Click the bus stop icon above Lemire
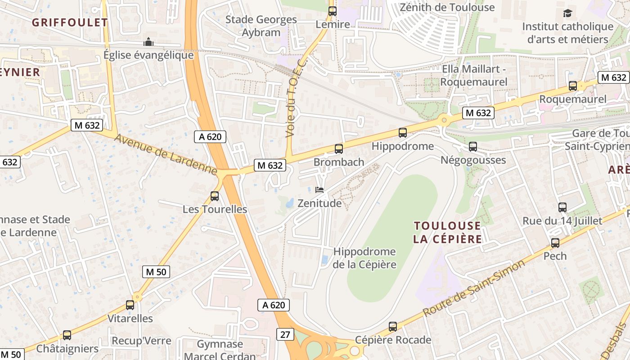point(333,12)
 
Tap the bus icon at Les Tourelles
point(215,196)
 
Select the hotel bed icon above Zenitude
point(319,190)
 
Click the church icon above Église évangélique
point(148,42)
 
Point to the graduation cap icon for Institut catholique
point(567,13)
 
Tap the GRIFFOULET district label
point(70,22)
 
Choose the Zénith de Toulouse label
point(447,8)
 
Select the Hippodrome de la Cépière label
point(364,258)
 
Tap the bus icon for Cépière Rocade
point(393,327)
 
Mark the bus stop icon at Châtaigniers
point(67,335)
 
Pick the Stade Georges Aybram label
point(261,26)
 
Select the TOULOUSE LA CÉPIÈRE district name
point(447,232)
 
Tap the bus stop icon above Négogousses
point(473,147)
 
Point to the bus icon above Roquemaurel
point(573,85)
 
